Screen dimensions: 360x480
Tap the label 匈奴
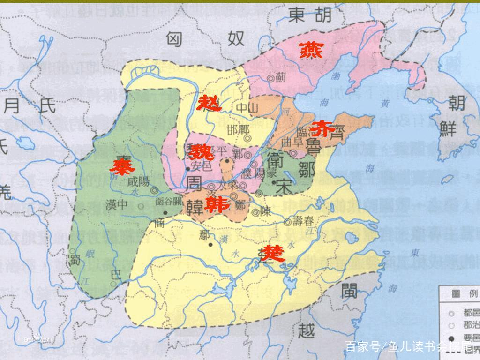click(x=206, y=39)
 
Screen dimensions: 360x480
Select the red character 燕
click(x=311, y=50)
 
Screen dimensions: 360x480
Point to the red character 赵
click(x=209, y=102)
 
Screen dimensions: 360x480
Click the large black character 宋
click(x=285, y=187)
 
